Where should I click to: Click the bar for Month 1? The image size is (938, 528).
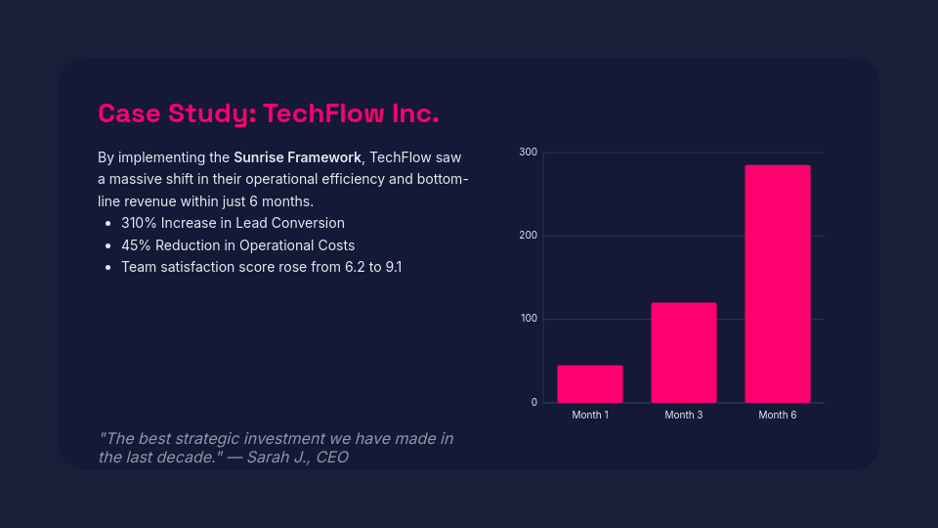(x=590, y=383)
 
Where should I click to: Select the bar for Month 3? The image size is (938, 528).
(x=684, y=352)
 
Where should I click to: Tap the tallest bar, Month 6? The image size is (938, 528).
(x=778, y=284)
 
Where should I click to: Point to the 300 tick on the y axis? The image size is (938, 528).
(x=528, y=153)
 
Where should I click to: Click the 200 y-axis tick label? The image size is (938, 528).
(x=528, y=236)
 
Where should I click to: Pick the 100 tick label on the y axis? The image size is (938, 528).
(x=528, y=319)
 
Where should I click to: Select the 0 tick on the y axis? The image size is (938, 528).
(x=533, y=402)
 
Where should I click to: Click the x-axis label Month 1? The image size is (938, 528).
(x=590, y=416)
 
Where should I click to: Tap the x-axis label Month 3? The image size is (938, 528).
(x=684, y=416)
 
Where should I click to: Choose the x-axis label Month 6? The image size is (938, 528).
(x=778, y=416)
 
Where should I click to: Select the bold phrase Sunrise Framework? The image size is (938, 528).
(x=297, y=157)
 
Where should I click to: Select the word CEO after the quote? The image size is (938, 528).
(x=332, y=457)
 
